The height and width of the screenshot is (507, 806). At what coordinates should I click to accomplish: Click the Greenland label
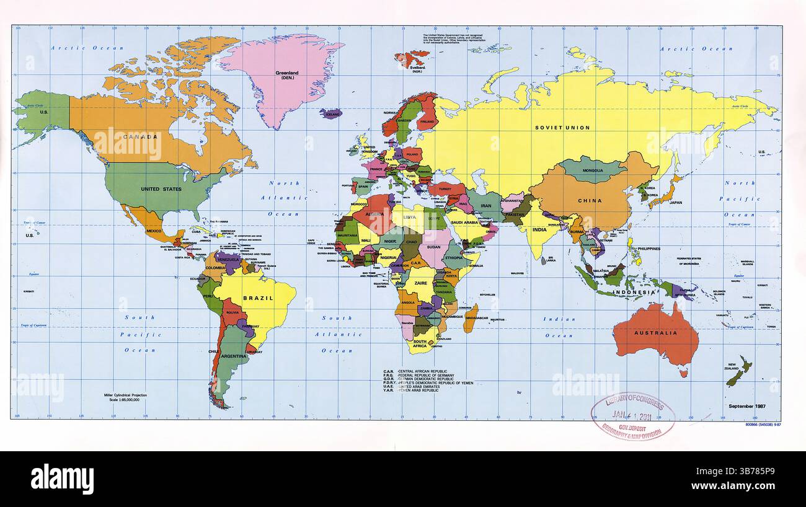[x=286, y=73]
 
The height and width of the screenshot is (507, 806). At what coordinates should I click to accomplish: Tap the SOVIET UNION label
[x=562, y=128]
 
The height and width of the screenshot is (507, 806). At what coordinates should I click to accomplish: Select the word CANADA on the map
[x=139, y=136]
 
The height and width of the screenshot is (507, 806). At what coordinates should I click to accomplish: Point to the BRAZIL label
[x=258, y=298]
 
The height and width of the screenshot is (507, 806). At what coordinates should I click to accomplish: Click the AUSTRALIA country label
[x=655, y=333]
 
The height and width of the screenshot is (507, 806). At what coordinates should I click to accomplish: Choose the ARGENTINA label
[x=234, y=357]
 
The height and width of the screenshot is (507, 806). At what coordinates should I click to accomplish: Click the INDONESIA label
[x=634, y=292]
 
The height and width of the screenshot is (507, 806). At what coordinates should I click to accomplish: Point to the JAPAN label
[x=675, y=202]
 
